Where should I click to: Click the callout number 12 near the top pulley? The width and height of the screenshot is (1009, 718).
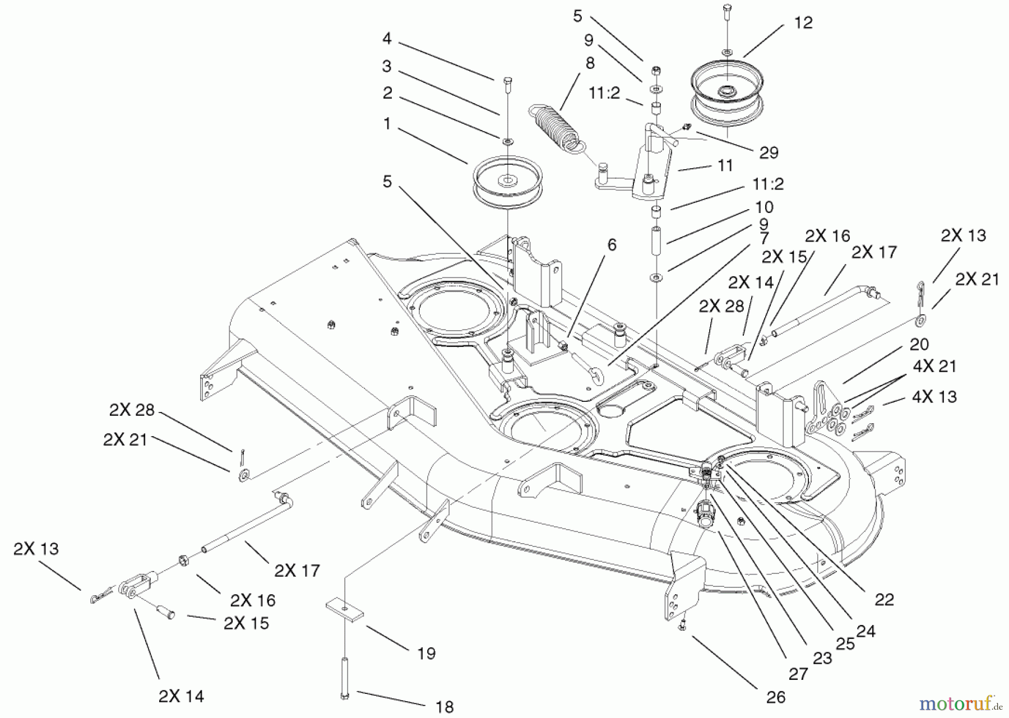pos(803,23)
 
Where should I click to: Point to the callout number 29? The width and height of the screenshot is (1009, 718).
pos(768,152)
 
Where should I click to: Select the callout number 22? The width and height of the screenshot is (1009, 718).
pos(884,600)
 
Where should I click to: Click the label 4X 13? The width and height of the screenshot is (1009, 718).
pos(934,397)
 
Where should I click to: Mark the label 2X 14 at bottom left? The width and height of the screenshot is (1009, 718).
pos(181,696)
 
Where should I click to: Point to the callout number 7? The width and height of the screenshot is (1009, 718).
pos(764,238)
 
